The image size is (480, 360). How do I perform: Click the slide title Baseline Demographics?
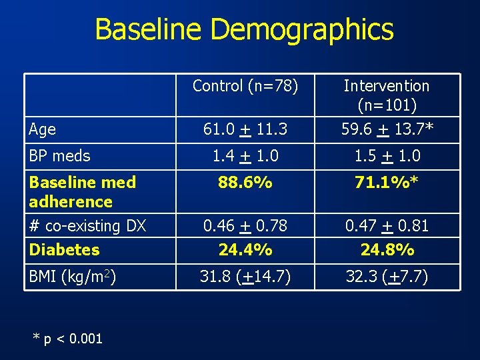(x=244, y=30)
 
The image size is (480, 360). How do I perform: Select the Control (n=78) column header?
(x=245, y=86)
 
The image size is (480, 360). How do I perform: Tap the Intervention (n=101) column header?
(x=386, y=95)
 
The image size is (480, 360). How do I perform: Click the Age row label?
(x=43, y=129)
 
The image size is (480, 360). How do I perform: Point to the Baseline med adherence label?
(x=83, y=191)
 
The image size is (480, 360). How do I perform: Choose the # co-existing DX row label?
(x=87, y=226)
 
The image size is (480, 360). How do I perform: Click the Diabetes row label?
(x=64, y=250)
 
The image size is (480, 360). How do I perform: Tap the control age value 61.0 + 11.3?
(x=245, y=129)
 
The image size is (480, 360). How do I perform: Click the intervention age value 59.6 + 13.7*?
(x=386, y=129)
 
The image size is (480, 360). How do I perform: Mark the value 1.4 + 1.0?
(x=245, y=156)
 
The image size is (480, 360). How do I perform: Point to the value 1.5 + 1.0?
(x=386, y=156)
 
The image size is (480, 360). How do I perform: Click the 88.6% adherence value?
(x=245, y=182)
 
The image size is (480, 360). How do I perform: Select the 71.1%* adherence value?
(x=386, y=182)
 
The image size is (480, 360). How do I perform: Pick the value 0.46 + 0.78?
(x=245, y=226)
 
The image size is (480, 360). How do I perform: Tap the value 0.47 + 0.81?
(x=386, y=226)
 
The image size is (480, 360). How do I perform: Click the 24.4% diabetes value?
(x=245, y=250)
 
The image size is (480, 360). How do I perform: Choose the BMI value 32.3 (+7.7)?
(x=386, y=275)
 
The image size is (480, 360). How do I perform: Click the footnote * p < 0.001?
(x=68, y=339)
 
